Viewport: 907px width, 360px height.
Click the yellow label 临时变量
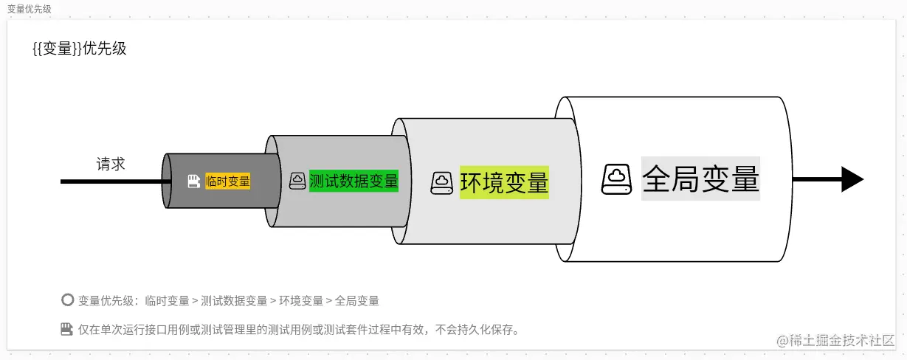click(x=228, y=181)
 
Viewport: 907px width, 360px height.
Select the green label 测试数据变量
click(x=354, y=181)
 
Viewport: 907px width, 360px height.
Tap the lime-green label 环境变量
click(x=504, y=182)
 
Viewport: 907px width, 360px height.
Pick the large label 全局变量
click(x=700, y=179)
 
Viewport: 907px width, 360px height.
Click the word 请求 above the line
click(x=111, y=164)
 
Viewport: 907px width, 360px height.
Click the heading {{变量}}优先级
click(x=80, y=49)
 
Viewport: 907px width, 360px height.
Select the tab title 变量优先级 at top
click(x=30, y=9)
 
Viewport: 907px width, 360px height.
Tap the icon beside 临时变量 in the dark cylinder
click(x=194, y=181)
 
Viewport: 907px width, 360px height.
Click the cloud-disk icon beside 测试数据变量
click(x=297, y=181)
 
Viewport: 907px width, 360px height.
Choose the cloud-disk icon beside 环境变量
click(x=441, y=182)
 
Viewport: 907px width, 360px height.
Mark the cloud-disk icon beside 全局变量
click(x=616, y=179)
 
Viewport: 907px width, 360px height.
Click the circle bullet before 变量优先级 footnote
click(x=67, y=300)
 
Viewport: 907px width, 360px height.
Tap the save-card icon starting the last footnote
click(x=67, y=329)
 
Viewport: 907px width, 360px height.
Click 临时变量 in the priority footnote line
click(x=168, y=301)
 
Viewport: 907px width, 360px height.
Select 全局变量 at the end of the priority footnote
click(x=357, y=301)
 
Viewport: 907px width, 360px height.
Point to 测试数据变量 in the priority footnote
click(x=234, y=301)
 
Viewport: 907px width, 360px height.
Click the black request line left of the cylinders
click(x=111, y=181)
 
